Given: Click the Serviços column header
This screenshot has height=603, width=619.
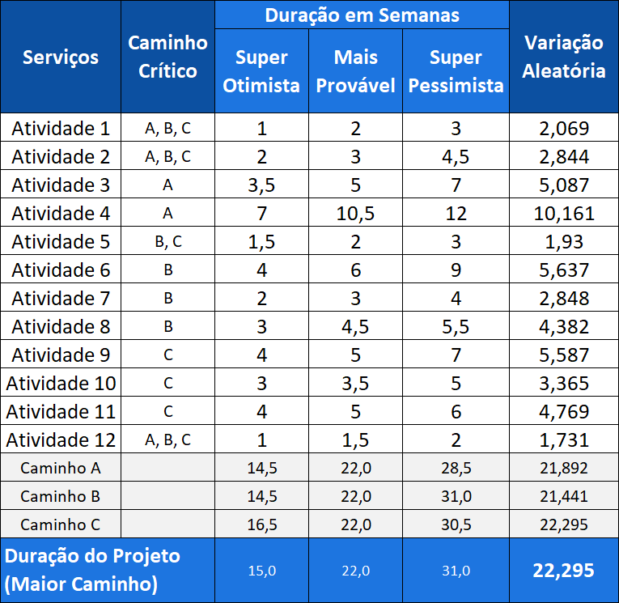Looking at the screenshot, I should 61,57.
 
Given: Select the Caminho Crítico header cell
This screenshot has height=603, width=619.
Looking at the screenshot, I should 167,57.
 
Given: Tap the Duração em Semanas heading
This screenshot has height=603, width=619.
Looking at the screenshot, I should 362,15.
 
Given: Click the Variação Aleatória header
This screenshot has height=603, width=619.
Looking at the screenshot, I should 564,57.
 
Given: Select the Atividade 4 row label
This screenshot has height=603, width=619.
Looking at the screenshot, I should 61,214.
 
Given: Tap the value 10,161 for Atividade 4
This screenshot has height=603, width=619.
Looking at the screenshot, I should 564,214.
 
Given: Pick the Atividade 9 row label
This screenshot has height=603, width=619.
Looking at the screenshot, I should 61,355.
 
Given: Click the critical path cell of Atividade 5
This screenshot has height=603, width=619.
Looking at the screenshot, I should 167,242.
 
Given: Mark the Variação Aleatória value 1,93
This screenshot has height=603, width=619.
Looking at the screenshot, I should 564,242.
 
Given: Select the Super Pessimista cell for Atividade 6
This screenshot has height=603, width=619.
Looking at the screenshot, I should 456,270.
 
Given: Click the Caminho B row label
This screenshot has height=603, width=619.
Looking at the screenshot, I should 61,496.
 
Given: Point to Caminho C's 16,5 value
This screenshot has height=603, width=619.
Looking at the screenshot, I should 261,524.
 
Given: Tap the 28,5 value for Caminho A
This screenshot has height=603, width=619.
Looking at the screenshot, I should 456,468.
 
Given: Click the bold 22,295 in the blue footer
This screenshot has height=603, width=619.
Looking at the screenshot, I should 564,571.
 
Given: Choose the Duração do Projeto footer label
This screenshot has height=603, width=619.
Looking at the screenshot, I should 93,570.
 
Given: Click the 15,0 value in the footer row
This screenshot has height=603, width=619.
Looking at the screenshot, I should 261,571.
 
